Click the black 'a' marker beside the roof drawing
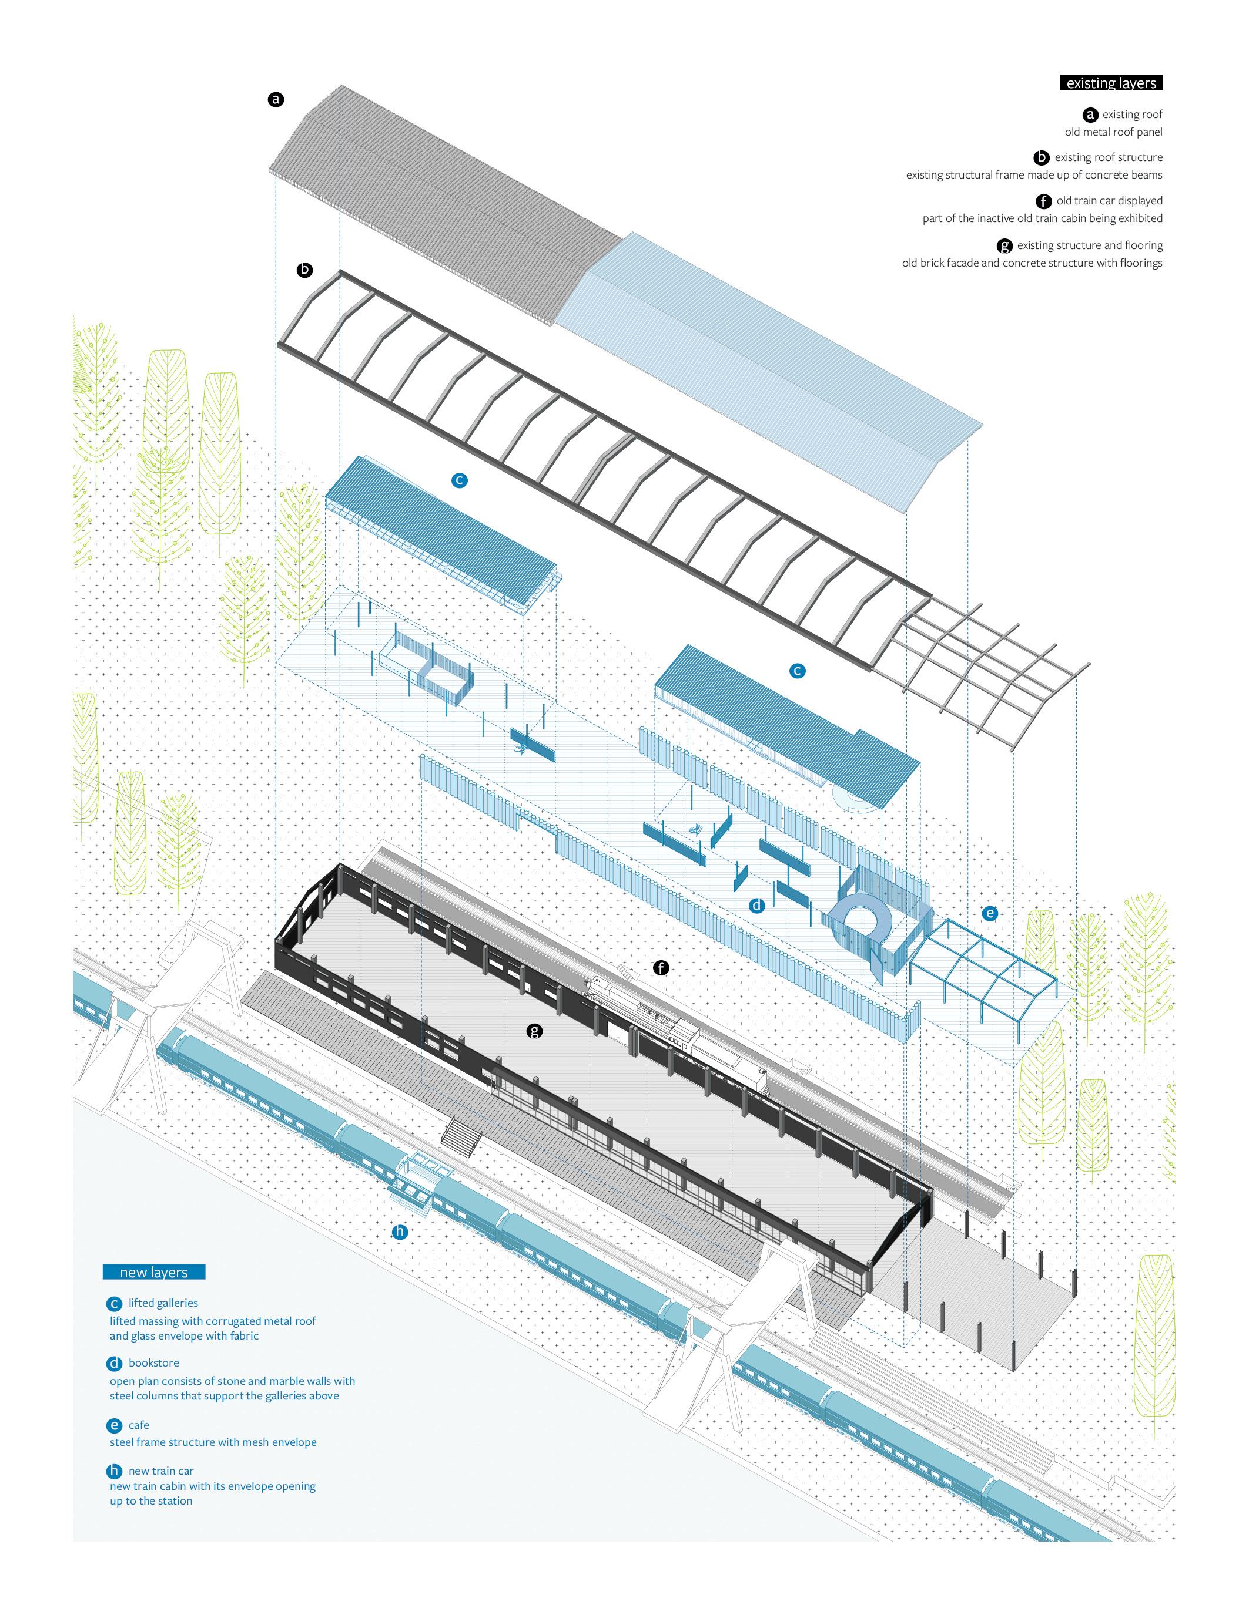276,99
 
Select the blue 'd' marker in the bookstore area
756,905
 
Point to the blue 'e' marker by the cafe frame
989,913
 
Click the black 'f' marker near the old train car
661,967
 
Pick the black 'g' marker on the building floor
534,1031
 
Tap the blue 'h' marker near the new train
400,1231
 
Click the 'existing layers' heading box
1111,83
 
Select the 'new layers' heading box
154,1272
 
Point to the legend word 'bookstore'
154,1363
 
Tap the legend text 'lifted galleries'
163,1303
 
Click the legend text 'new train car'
160,1471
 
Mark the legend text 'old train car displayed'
1109,200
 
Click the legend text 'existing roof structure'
1108,157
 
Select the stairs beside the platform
460,1133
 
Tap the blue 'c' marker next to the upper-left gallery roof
459,480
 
